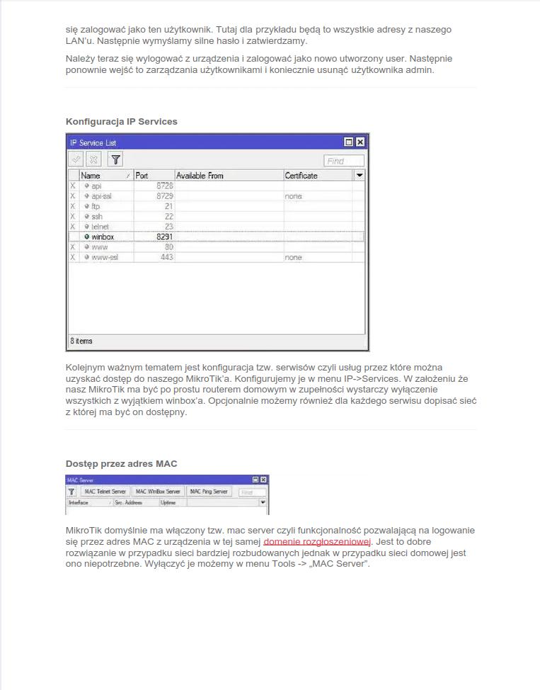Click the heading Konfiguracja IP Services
(x=121, y=122)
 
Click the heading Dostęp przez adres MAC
(x=121, y=464)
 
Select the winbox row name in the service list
(x=103, y=237)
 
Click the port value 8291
(x=164, y=237)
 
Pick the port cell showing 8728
(x=164, y=186)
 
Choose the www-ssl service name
(x=105, y=258)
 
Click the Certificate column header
(x=301, y=176)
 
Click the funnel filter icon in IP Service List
(x=115, y=160)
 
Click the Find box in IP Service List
(x=344, y=161)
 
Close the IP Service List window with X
(x=360, y=142)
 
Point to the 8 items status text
(x=81, y=341)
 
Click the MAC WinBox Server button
(x=159, y=492)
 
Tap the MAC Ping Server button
(x=209, y=492)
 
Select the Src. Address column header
(x=128, y=502)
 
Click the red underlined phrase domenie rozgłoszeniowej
(x=318, y=542)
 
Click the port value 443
(x=166, y=258)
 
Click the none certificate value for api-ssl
(x=294, y=196)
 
